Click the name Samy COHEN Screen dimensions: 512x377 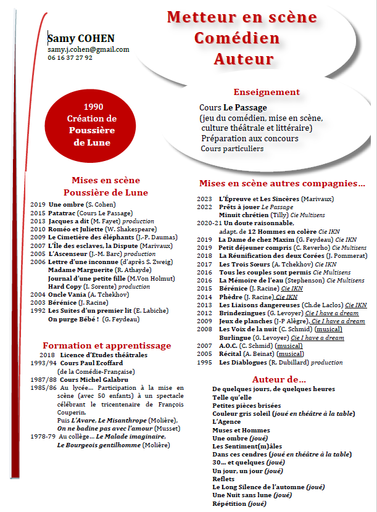point(80,39)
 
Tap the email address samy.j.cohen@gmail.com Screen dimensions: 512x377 point(88,49)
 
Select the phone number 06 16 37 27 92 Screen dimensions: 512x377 point(70,57)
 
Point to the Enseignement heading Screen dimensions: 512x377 point(267,92)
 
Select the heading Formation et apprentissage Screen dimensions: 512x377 point(107,345)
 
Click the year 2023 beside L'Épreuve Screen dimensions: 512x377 point(204,199)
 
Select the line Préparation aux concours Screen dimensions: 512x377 point(249,139)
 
